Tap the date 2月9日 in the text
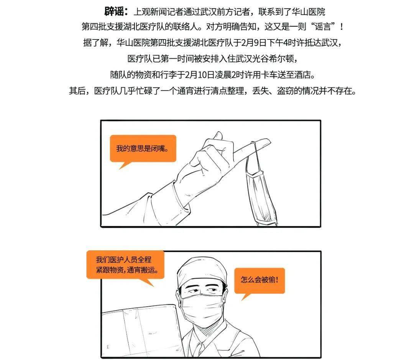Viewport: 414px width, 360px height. click(252, 43)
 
